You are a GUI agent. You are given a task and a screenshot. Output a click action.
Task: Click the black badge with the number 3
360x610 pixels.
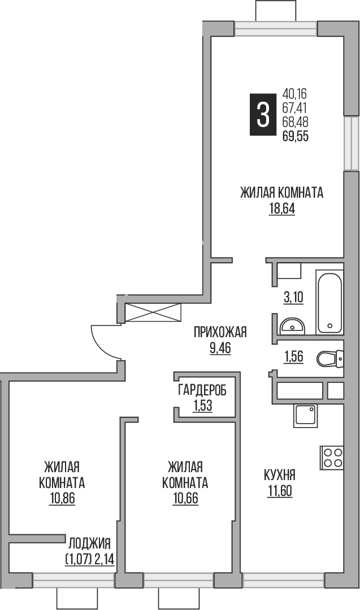pyautogui.click(x=263, y=115)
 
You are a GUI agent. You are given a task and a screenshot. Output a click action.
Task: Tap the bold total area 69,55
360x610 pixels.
pyautogui.click(x=296, y=136)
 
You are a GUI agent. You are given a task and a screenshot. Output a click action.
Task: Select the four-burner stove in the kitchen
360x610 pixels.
pyautogui.click(x=332, y=457)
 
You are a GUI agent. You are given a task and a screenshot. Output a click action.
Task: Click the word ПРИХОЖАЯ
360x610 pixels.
pyautogui.click(x=220, y=332)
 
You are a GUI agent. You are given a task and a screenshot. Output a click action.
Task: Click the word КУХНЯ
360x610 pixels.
pyautogui.click(x=280, y=475)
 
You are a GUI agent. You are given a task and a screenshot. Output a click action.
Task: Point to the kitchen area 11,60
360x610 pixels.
pyautogui.click(x=280, y=491)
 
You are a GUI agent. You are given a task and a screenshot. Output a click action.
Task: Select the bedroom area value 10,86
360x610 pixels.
pyautogui.click(x=62, y=499)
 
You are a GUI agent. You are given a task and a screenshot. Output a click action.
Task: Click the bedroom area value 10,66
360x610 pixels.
pyautogui.click(x=185, y=499)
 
